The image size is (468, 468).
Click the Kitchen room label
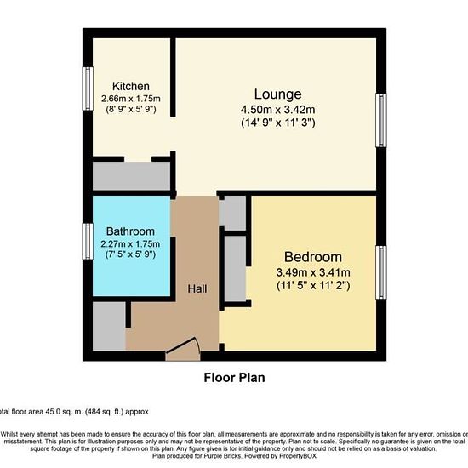pos(131,86)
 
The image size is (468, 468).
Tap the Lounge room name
pos(278,94)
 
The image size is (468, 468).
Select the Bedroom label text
pos(313,257)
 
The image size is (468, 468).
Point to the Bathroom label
pos(130,231)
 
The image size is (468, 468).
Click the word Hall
pos(197,288)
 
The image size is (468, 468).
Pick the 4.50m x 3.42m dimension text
pos(278,110)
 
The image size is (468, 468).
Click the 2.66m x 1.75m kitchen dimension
pos(131,99)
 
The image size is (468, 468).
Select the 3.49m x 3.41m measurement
pos(313,272)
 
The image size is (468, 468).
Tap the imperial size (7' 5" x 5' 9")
pos(130,254)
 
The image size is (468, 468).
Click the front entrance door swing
pos(183,349)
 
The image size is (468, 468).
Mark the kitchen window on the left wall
pos(88,88)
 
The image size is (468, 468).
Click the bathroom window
pos(88,242)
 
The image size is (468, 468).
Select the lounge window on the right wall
pos(381,121)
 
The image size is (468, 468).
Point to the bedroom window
pos(381,272)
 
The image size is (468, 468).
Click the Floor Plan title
pos(234,378)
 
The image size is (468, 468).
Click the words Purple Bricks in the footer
pos(223,456)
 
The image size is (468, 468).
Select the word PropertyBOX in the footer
pos(298,456)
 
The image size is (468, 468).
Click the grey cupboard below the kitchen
pos(132,176)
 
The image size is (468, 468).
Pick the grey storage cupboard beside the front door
pos(109,326)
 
